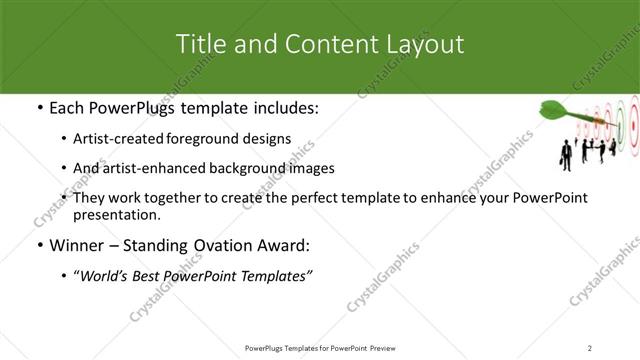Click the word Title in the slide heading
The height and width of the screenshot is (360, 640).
(x=198, y=44)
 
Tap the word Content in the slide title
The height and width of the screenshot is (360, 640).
(x=323, y=44)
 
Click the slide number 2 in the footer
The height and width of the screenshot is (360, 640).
(x=590, y=347)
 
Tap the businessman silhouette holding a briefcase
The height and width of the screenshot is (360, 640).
(x=565, y=156)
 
